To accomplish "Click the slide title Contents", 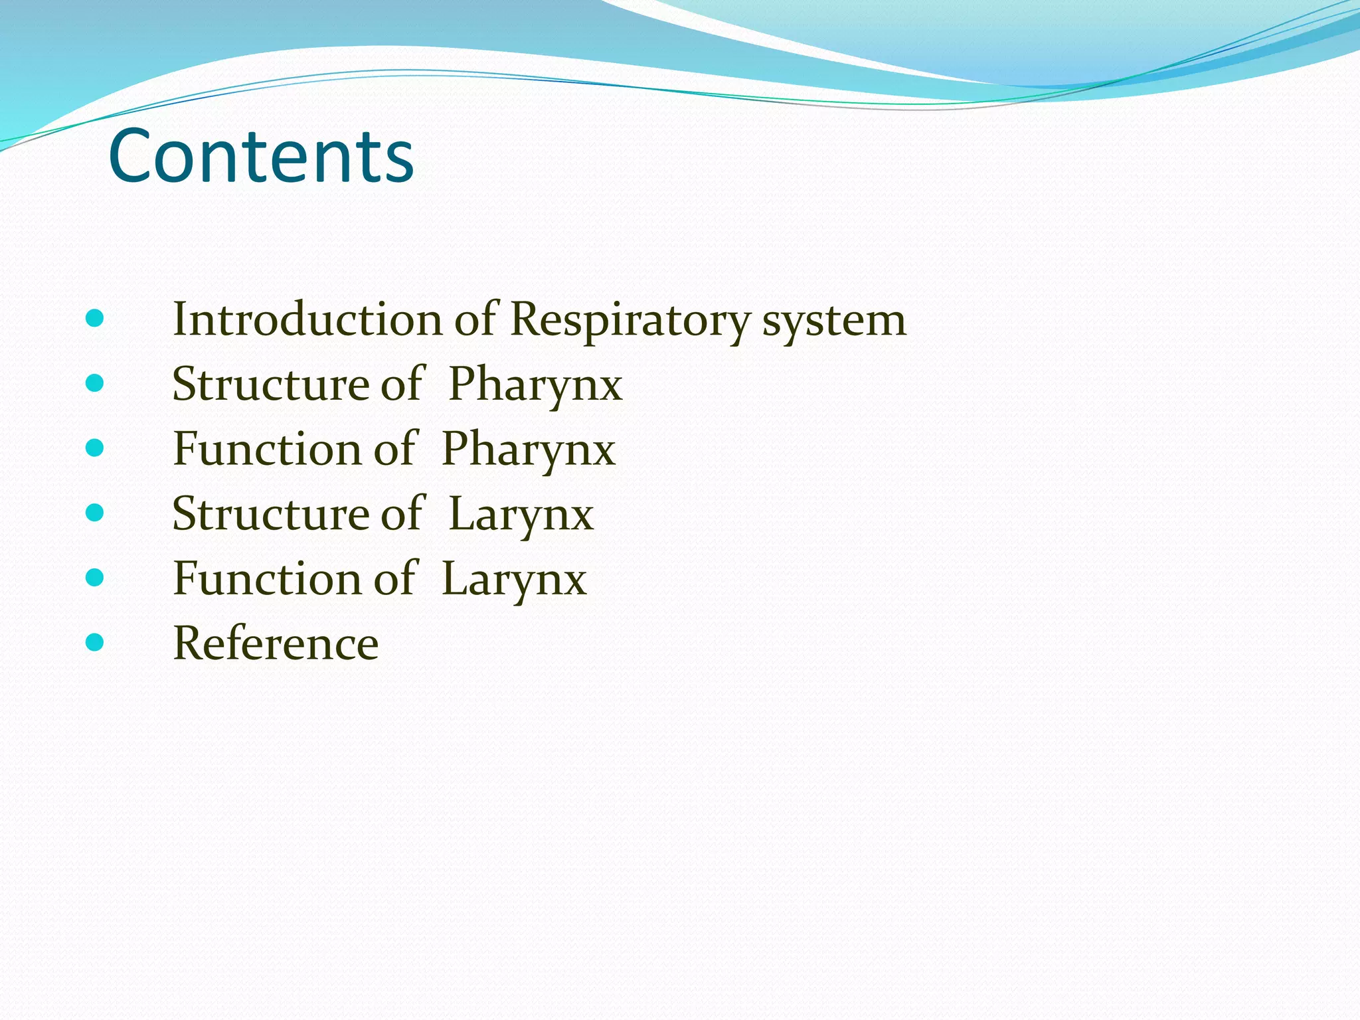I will (x=261, y=157).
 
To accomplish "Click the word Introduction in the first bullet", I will (x=307, y=319).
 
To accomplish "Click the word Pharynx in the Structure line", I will (x=535, y=385).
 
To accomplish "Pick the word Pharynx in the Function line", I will (x=529, y=450).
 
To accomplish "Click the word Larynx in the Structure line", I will (x=521, y=515).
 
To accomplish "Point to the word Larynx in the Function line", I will (x=514, y=580).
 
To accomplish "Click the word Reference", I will (x=276, y=643).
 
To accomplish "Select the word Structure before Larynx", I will (x=271, y=514).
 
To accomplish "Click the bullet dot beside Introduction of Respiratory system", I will (x=95, y=319).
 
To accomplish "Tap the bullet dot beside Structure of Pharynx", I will (x=95, y=383).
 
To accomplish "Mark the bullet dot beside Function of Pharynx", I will (x=95, y=448).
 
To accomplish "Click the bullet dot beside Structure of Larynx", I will (x=95, y=513).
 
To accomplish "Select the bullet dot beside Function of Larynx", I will (x=95, y=577).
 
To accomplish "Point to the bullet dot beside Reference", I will (x=95, y=642).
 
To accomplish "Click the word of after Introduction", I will (x=475, y=319).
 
